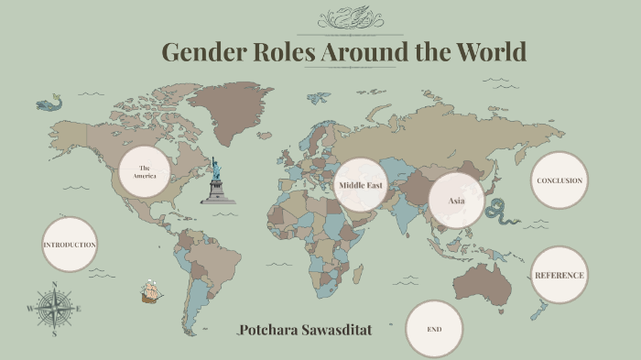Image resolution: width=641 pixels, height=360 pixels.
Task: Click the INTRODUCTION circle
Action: coord(69,245)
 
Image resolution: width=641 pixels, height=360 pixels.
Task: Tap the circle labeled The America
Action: coord(145,171)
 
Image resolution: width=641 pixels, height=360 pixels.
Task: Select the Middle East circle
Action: coord(360,185)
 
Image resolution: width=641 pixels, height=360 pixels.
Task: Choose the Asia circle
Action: coord(456,200)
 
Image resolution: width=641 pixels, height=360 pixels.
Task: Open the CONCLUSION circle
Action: coord(559,180)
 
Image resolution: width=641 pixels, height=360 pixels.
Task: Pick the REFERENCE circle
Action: coord(559,275)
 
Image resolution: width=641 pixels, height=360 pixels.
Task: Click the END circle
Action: coord(434,328)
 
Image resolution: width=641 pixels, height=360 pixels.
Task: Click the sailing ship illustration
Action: coord(151,292)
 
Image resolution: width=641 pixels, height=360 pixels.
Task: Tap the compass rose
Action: coord(54,309)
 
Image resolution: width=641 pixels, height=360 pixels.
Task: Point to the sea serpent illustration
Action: coord(502,213)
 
